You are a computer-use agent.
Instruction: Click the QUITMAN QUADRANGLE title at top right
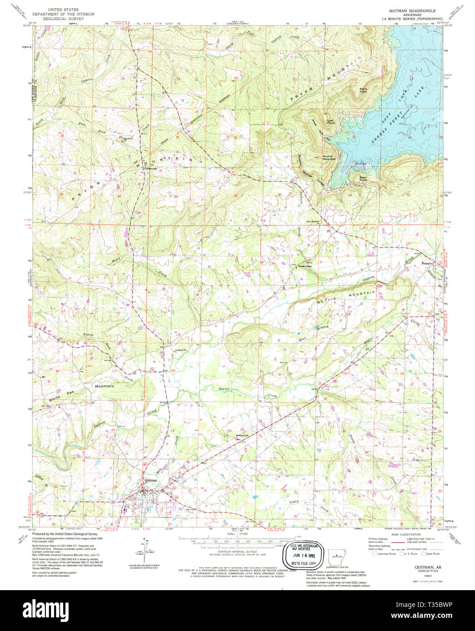[412, 10]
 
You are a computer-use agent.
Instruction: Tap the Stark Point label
[363, 90]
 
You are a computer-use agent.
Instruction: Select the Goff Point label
[331, 122]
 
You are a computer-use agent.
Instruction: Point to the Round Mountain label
[329, 158]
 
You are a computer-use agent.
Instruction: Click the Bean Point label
[363, 178]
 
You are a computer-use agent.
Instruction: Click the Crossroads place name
[150, 168]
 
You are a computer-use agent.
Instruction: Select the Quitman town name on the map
[150, 480]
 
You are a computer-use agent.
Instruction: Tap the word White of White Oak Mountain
[54, 398]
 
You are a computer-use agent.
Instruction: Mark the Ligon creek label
[294, 502]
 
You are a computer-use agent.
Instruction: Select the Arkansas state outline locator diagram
[336, 557]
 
